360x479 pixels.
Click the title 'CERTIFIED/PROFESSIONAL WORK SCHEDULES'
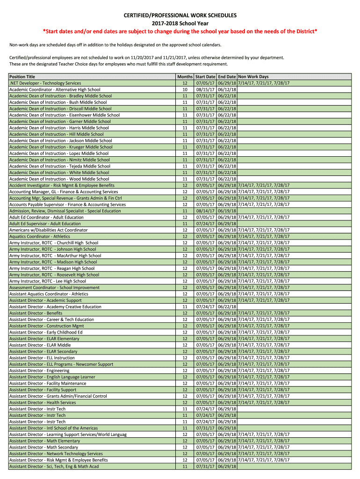(x=180, y=16)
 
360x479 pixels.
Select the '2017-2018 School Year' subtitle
(x=180, y=23)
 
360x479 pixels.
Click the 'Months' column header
(x=185, y=77)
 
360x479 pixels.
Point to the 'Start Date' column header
(x=205, y=77)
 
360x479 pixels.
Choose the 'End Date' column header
(x=227, y=77)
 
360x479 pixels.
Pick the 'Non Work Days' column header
(x=253, y=77)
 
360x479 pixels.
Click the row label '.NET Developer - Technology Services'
(x=45, y=83)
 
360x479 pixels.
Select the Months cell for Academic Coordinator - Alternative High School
(x=185, y=89)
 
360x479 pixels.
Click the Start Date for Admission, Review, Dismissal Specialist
(x=205, y=211)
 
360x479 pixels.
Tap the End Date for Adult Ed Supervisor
(x=227, y=224)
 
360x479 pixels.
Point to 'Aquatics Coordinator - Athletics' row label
(x=40, y=236)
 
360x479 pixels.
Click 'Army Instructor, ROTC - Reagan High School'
(x=52, y=269)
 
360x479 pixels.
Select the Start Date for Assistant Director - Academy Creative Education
(x=205, y=307)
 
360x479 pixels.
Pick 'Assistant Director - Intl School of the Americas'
(x=54, y=428)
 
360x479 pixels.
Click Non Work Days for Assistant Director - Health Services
(x=264, y=402)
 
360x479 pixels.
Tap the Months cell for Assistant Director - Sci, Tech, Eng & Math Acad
(x=185, y=466)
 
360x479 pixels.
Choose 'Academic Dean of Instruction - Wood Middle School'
(x=59, y=179)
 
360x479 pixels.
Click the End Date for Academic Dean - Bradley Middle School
(x=227, y=96)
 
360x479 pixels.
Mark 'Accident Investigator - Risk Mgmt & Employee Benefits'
(x=62, y=185)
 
